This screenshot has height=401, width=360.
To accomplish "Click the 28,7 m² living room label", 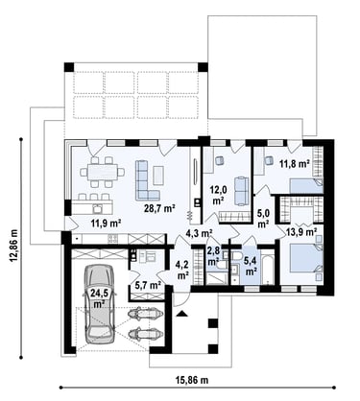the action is tap(161, 209).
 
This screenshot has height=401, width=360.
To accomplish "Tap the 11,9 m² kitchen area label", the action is tap(106, 223).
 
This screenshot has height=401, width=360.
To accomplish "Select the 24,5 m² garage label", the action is tap(99, 297).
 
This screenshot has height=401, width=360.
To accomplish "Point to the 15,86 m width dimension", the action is tap(192, 380).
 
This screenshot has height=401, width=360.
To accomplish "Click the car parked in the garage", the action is tap(99, 304).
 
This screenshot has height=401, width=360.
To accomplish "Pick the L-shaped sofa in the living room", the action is tap(147, 180).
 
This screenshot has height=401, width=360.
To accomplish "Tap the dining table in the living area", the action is tap(103, 173).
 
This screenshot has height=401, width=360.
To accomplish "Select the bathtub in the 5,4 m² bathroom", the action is tap(268, 267).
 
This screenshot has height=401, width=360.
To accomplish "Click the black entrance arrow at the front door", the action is tap(181, 314).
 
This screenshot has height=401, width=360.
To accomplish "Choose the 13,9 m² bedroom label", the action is tap(301, 232).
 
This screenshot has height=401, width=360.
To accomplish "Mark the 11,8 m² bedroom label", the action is tap(295, 164).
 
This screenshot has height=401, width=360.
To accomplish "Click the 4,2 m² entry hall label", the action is tap(182, 270).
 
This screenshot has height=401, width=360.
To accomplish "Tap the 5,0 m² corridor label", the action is tap(263, 218).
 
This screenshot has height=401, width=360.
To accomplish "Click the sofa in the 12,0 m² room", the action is tap(242, 191).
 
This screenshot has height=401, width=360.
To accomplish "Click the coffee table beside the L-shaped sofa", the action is tap(158, 176).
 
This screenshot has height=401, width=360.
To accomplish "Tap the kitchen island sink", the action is tap(97, 208).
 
